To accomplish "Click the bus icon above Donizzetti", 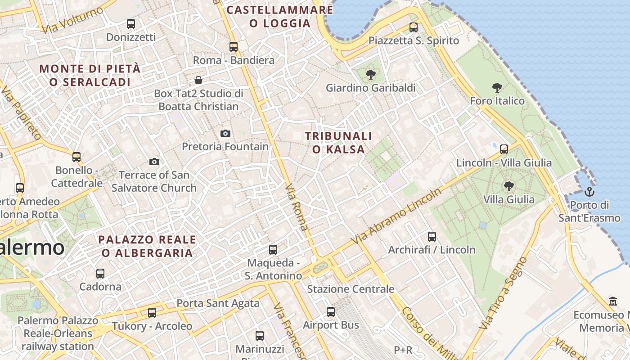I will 131,24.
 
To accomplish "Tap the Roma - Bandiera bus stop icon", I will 233,47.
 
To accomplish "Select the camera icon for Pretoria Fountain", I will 225,133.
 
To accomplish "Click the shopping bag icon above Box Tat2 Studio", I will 198,80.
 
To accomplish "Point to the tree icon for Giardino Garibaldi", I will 370,75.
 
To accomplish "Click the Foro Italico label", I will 497,101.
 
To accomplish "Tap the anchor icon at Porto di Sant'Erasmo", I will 589,192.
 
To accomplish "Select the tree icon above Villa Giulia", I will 509,186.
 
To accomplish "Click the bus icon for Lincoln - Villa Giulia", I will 504,149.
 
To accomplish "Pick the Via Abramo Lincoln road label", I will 396,216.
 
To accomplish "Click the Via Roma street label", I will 297,207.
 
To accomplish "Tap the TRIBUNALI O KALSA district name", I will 338,143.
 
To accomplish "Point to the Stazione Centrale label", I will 351,289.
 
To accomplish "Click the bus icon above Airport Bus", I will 331,312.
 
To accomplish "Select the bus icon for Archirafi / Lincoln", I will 432,236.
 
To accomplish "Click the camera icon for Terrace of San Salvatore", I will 154,162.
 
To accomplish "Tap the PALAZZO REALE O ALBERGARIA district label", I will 147,246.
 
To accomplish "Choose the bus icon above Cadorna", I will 100,274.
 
